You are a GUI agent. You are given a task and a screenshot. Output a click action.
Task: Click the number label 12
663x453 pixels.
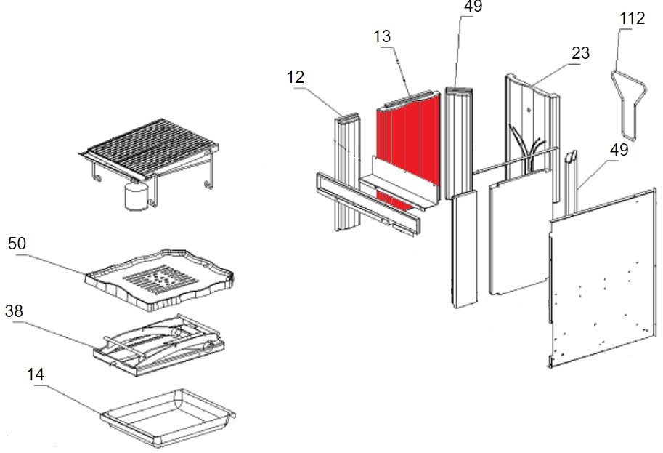[x=296, y=77]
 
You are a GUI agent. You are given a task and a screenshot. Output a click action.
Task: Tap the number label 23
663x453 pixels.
[x=580, y=54]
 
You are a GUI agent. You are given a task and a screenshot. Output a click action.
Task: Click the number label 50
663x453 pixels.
[x=17, y=244]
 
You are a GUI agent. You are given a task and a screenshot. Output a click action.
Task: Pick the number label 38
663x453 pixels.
[x=14, y=311]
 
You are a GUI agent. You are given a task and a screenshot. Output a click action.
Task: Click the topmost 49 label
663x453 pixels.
[x=473, y=7]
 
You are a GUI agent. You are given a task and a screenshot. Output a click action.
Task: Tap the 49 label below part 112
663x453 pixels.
[x=619, y=151]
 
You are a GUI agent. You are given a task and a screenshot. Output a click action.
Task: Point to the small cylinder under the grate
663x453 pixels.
[x=135, y=196]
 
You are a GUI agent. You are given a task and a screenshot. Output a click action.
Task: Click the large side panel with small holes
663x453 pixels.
[x=603, y=276]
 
